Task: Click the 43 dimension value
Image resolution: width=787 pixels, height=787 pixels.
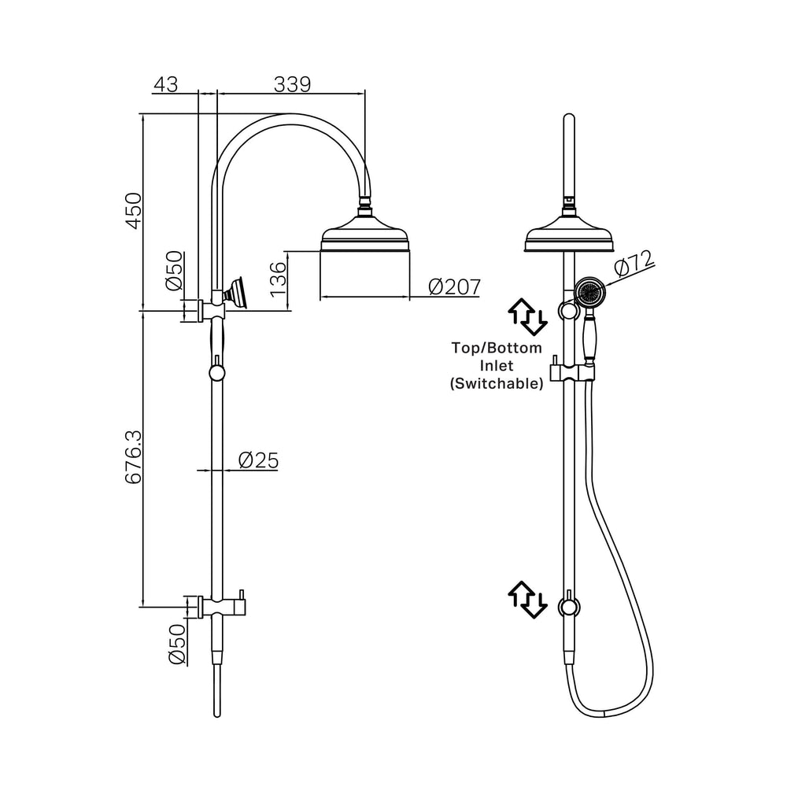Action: [x=165, y=84]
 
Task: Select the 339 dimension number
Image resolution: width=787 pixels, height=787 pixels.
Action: [x=293, y=84]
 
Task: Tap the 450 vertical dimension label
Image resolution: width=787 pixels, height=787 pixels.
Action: [x=134, y=210]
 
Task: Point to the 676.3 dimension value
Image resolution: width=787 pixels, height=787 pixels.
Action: [x=134, y=456]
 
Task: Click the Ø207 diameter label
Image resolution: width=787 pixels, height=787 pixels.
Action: [x=455, y=287]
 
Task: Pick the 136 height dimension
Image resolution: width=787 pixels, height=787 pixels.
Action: [x=278, y=279]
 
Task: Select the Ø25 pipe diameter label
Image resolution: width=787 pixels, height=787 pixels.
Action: [x=258, y=460]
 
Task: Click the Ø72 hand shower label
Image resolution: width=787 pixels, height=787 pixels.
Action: [x=634, y=263]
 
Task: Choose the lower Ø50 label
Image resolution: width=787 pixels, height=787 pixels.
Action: [x=176, y=644]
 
